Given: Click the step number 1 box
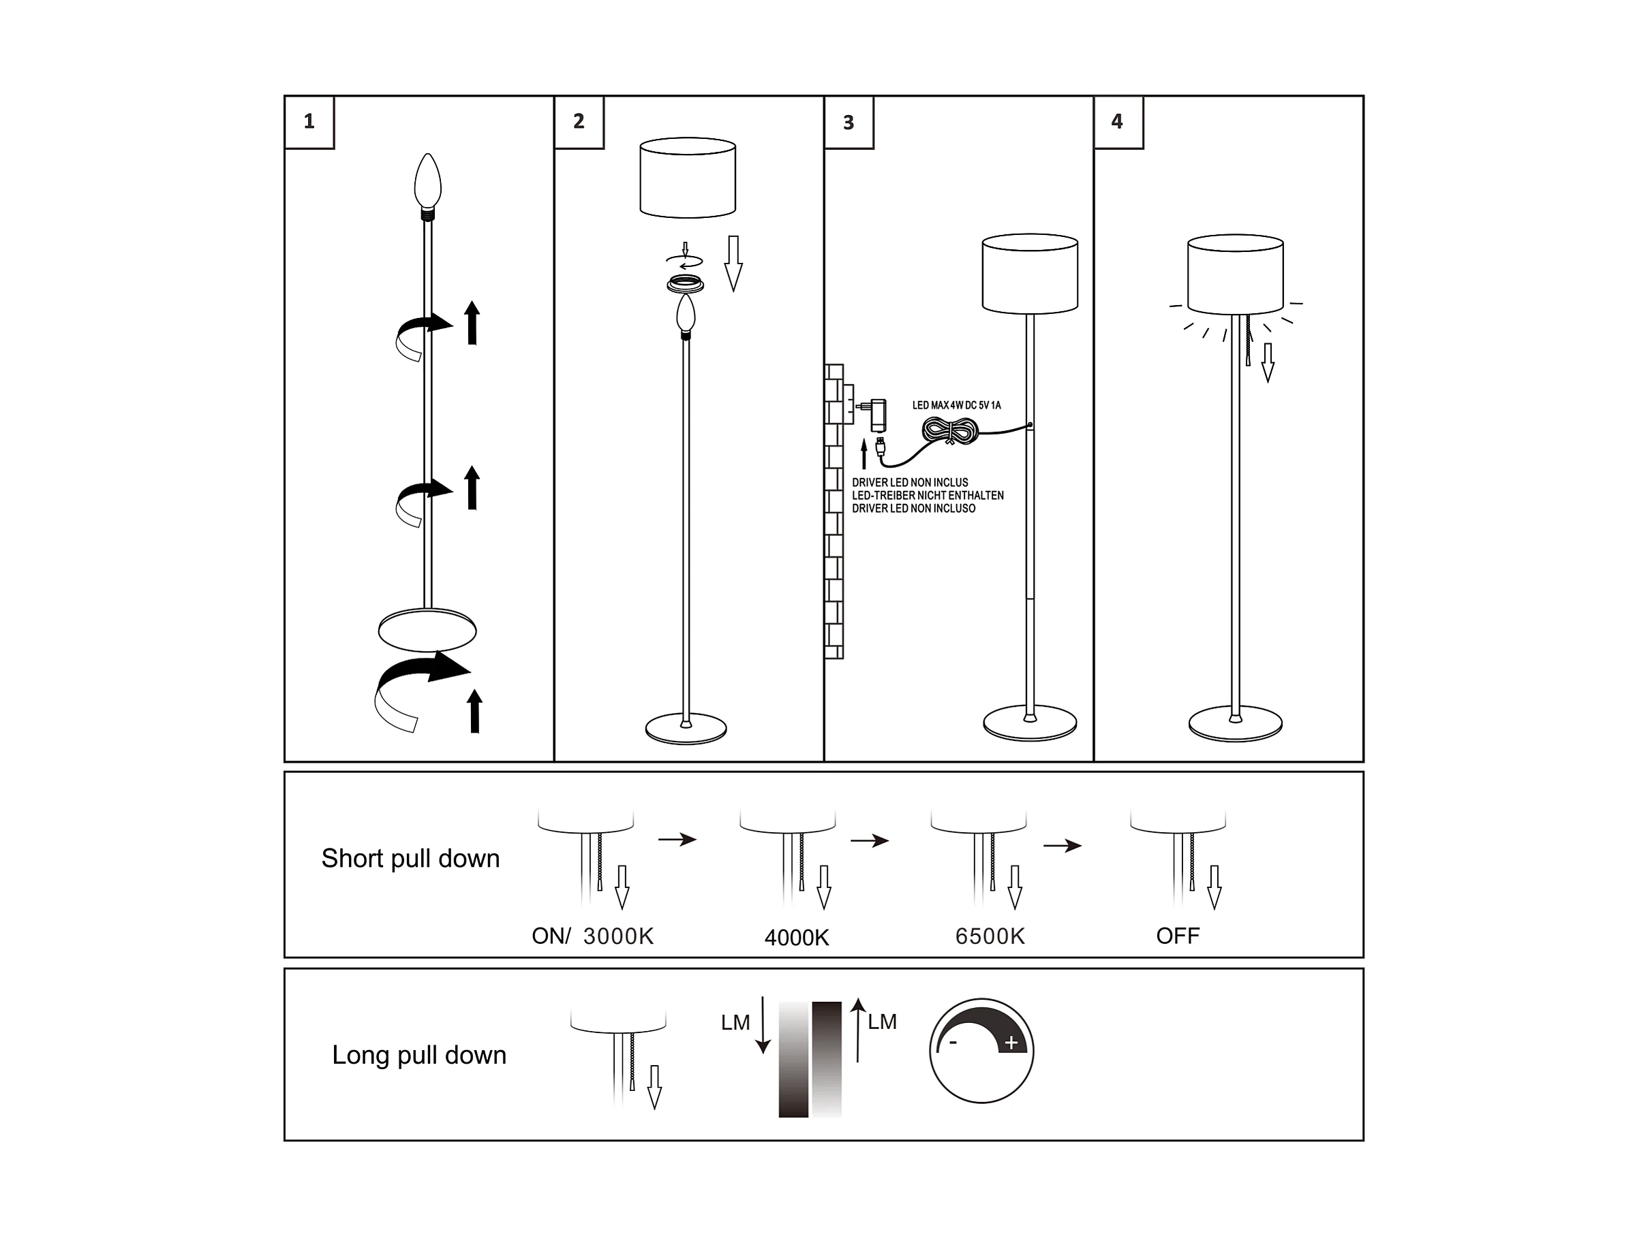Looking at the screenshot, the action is tap(309, 123).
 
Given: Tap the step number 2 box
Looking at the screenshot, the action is tap(579, 123).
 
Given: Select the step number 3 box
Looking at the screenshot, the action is tap(849, 123).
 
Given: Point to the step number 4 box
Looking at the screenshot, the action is tap(1118, 123).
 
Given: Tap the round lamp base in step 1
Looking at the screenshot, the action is tap(427, 631).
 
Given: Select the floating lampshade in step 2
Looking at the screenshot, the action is tap(688, 178).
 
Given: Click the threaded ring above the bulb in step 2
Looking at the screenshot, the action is tap(686, 284).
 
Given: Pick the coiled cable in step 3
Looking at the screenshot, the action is tap(950, 431).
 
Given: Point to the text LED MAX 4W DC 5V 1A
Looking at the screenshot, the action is tap(956, 406).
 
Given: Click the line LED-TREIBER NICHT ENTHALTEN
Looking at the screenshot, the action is tap(928, 495).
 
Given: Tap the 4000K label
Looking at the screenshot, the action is tap(797, 937).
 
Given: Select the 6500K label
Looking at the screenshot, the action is tap(990, 936).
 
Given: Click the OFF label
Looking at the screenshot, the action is tap(1178, 936).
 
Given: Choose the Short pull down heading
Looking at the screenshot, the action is tap(410, 858).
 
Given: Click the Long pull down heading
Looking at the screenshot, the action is tap(419, 1055).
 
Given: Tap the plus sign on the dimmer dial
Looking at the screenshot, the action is tap(1011, 1043).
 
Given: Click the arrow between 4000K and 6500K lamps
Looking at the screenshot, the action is tap(870, 841).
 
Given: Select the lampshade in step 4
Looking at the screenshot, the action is tap(1235, 275).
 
